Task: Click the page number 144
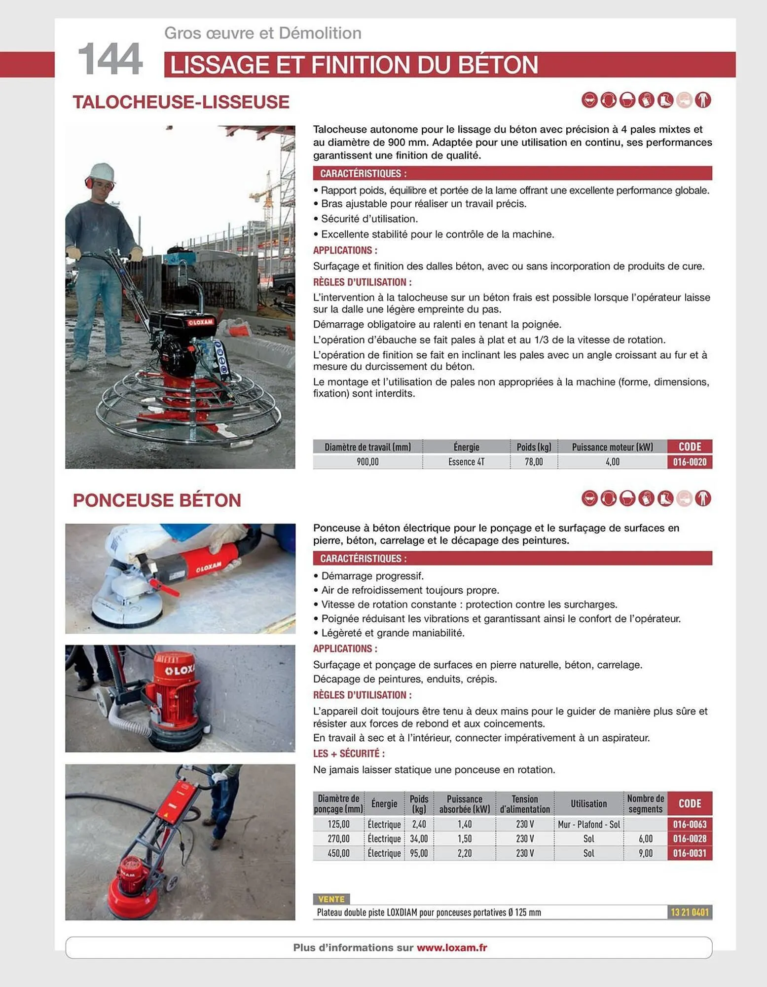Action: (110, 59)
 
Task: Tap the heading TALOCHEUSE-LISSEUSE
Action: (181, 102)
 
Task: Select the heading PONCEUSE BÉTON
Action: (157, 500)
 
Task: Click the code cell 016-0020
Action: (690, 462)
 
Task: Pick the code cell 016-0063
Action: (690, 824)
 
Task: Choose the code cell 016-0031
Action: (690, 853)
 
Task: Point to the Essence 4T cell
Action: (466, 462)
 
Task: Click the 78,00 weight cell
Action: (534, 462)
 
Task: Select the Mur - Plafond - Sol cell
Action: (588, 824)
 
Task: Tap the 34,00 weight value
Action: (419, 838)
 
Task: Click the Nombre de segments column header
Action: (645, 803)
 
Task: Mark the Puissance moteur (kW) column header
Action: (612, 447)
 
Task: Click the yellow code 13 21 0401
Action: (690, 912)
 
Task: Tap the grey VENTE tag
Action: (331, 899)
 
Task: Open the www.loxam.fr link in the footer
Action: (452, 948)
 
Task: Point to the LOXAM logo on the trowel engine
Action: (200, 322)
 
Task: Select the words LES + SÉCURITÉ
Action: (349, 754)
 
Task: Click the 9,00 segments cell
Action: (645, 853)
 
